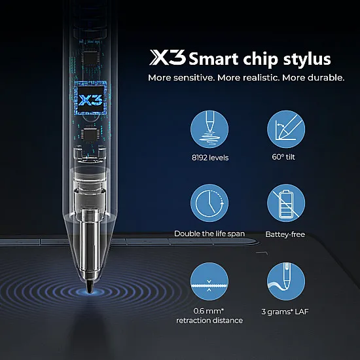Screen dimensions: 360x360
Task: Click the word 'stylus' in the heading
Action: coord(308,60)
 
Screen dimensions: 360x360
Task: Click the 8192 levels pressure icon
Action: coord(209,130)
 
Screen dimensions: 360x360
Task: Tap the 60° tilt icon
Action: coord(286,130)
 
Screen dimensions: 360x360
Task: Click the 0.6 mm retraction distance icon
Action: coord(209,281)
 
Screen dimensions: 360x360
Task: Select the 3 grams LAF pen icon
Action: coord(286,281)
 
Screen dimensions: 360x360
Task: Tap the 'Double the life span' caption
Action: coord(209,234)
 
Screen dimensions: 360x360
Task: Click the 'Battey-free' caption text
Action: coord(286,234)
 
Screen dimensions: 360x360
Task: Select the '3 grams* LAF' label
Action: coord(286,311)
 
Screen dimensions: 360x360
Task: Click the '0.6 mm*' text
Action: coord(209,311)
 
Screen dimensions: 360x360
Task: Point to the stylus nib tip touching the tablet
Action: coord(90,288)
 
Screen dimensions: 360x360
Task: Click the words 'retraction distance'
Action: coord(209,320)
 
